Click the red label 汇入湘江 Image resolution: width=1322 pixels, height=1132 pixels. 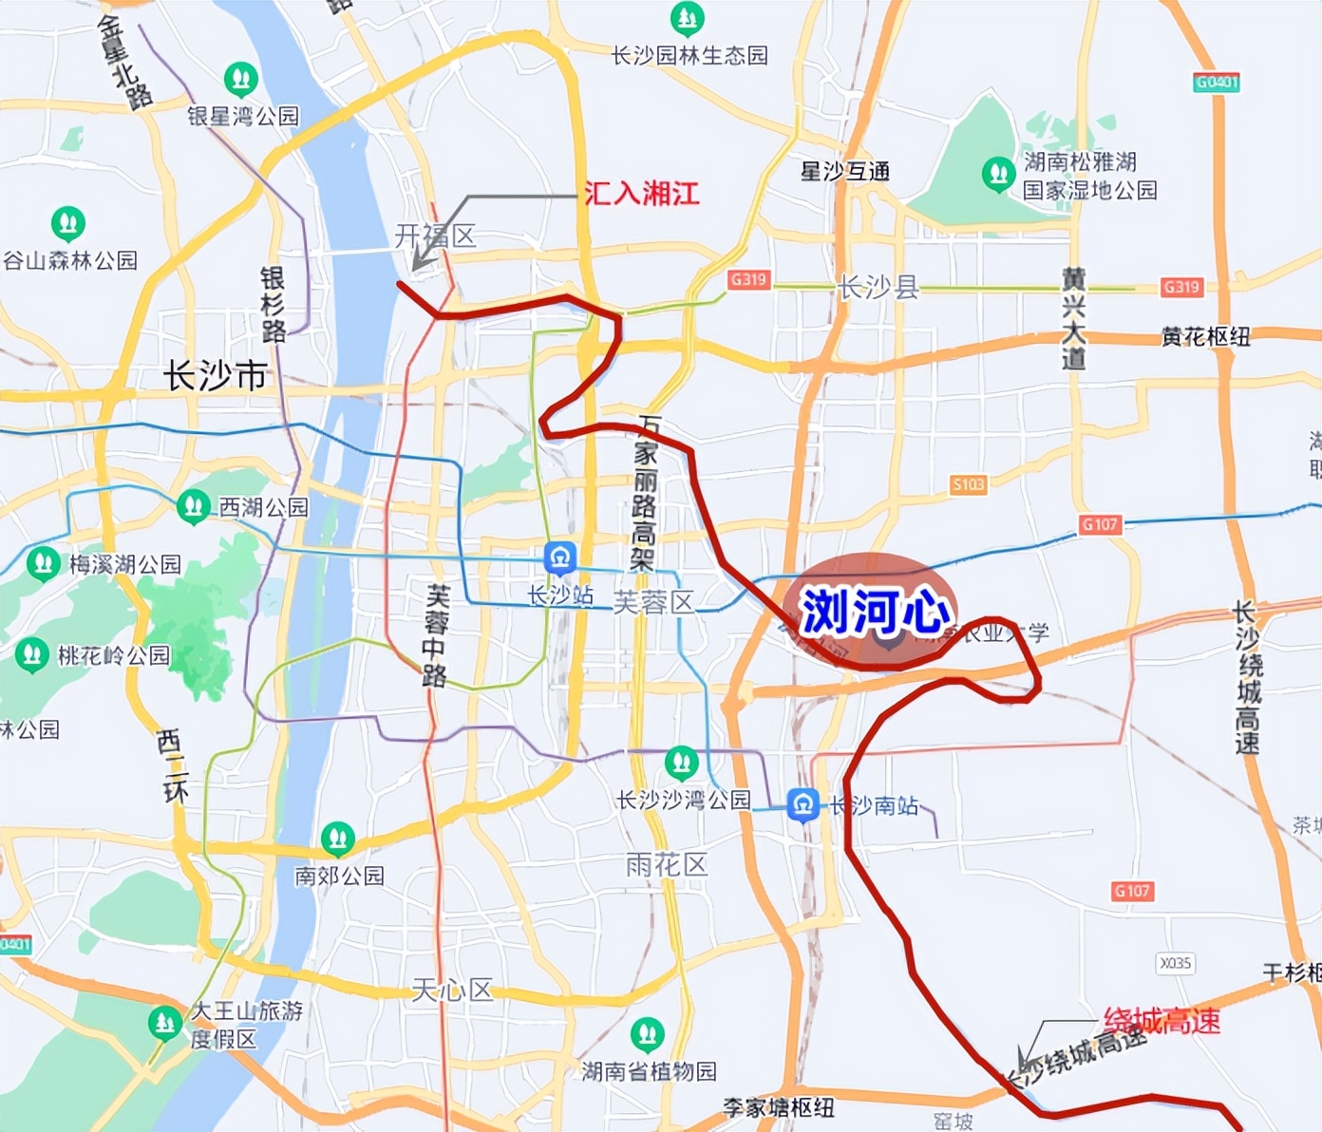point(642,194)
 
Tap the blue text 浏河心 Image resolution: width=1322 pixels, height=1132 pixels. point(875,612)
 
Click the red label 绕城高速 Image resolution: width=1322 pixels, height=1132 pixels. point(1161,1022)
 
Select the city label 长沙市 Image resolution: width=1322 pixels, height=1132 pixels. point(216,376)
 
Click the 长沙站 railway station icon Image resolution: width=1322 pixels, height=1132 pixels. point(560,557)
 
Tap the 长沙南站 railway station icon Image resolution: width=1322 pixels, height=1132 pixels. point(803,805)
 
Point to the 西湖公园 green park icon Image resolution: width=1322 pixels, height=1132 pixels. point(194,506)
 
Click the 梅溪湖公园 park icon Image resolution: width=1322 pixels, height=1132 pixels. point(43,563)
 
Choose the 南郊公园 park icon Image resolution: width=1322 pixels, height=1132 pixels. point(338,839)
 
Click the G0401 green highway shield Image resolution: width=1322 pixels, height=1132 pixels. point(1217,83)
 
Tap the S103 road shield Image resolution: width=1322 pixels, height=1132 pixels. point(969,484)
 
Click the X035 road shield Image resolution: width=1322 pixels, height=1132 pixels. point(1175,963)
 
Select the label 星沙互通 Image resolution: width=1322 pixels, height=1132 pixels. point(844,172)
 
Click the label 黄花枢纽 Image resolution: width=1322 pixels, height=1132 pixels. point(1205,336)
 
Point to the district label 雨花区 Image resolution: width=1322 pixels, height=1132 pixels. point(667,865)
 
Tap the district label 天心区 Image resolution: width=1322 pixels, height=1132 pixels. point(452,990)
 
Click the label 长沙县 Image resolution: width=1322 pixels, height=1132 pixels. point(878,288)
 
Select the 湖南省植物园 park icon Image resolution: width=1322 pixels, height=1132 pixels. point(648,1034)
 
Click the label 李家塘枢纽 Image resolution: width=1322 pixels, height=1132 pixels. point(778,1107)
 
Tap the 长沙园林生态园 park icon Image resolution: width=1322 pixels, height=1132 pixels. point(688,18)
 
